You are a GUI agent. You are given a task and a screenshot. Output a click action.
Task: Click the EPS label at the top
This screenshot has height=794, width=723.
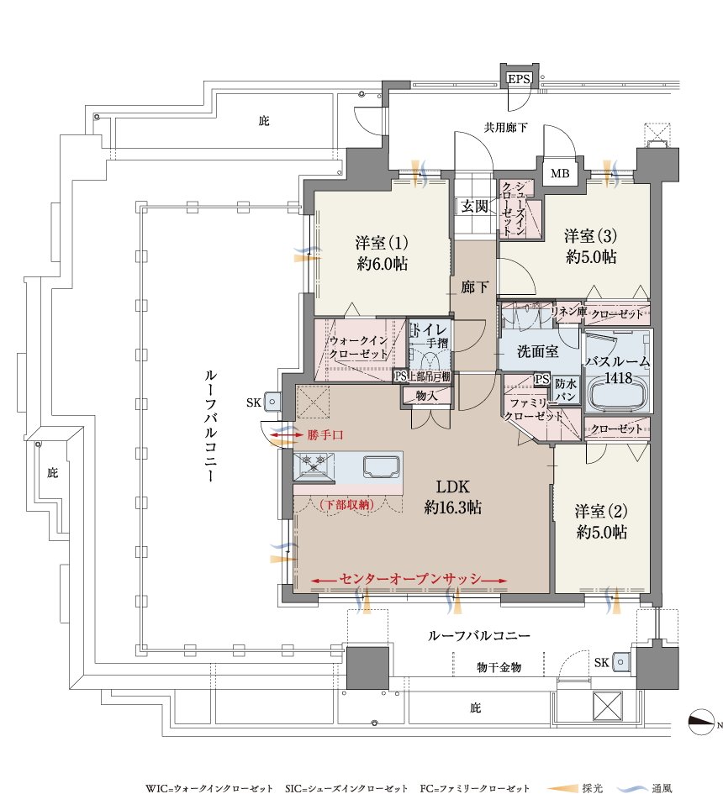tap(519, 78)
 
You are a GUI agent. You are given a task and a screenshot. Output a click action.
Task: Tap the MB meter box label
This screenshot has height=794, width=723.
tap(560, 174)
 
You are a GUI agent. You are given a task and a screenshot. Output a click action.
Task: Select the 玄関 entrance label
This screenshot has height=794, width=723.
tap(474, 206)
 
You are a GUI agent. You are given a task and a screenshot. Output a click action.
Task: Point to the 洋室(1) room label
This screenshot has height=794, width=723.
tap(382, 243)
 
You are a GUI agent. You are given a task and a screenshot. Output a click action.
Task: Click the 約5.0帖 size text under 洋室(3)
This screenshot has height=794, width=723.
tap(591, 257)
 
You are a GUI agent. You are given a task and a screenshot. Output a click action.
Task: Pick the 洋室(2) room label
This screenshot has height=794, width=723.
tap(601, 511)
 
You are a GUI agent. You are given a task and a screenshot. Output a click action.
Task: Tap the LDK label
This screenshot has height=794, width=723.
tap(452, 486)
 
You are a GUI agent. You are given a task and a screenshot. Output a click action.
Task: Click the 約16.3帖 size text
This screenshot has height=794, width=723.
tap(452, 507)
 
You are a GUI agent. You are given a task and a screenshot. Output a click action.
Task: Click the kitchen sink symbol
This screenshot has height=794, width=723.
tap(381, 466)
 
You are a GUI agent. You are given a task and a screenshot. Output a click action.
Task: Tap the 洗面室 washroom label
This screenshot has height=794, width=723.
tap(537, 351)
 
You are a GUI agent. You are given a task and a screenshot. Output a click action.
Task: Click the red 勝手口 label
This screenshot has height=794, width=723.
tap(325, 434)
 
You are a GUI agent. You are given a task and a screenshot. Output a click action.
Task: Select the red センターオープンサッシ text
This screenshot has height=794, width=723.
tap(409, 578)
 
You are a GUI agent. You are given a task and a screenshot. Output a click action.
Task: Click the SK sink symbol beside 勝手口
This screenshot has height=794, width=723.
tap(272, 402)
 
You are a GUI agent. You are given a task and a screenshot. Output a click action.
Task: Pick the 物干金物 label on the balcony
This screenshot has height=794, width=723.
tap(499, 667)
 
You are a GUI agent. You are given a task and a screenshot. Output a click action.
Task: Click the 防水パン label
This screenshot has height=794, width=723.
tap(565, 389)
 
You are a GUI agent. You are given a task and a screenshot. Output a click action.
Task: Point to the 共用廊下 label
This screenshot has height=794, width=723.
tap(505, 127)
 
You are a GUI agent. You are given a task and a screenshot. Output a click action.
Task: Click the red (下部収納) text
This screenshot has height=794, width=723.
tap(346, 504)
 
